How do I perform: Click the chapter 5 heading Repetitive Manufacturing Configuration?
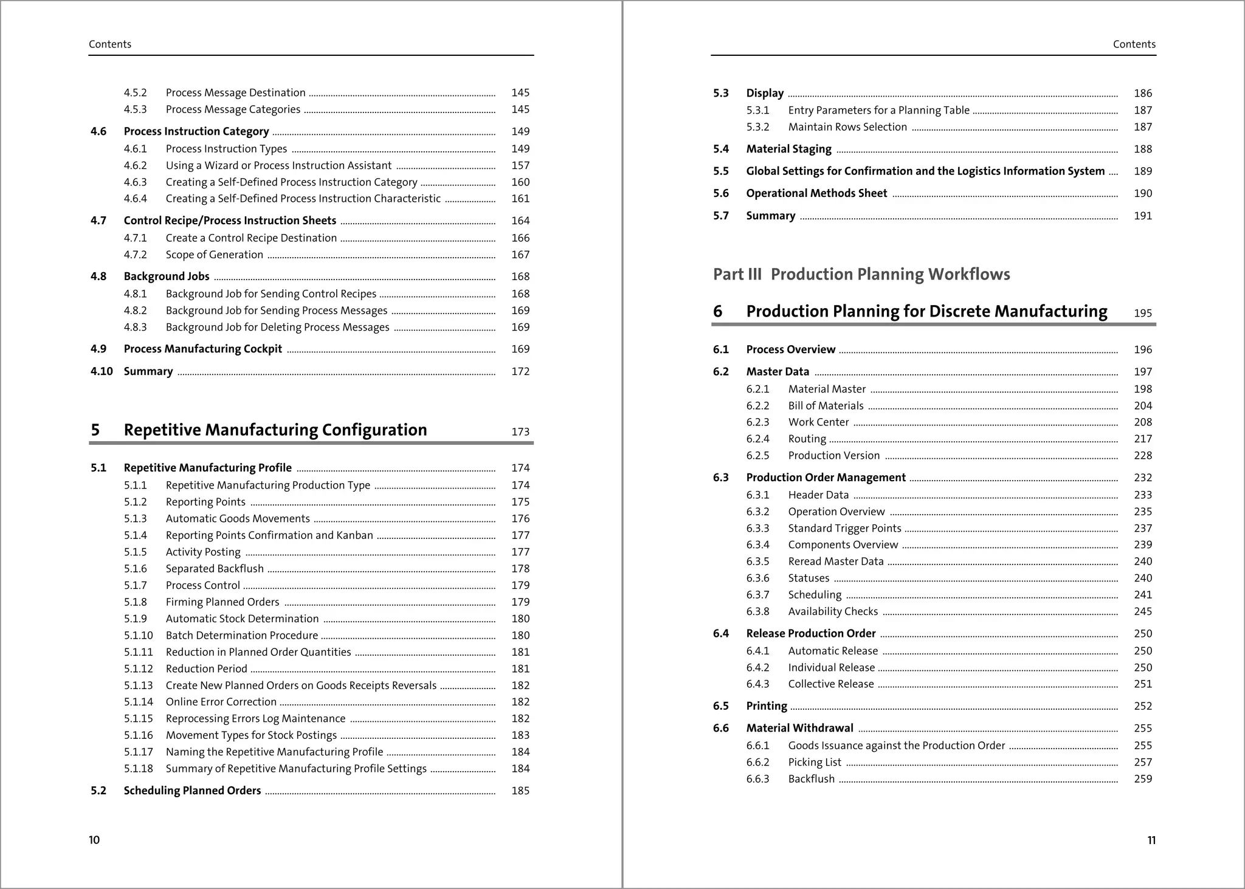click(x=275, y=430)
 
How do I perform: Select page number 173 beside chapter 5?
click(x=520, y=432)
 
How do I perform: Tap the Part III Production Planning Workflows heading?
click(x=861, y=274)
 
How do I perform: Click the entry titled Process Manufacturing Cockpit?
click(x=202, y=349)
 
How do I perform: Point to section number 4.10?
click(x=102, y=371)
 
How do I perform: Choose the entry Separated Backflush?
click(x=215, y=569)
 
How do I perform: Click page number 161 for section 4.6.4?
click(x=520, y=199)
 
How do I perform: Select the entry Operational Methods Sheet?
click(x=816, y=193)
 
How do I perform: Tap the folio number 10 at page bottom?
click(x=94, y=840)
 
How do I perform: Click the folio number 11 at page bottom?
click(x=1151, y=840)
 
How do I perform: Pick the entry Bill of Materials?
click(x=826, y=406)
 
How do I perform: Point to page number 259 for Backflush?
click(x=1142, y=779)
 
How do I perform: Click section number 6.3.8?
click(x=757, y=612)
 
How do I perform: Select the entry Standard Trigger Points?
click(x=844, y=529)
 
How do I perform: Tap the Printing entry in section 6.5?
click(x=766, y=706)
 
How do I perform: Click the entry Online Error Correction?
click(x=221, y=702)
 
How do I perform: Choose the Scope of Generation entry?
click(x=214, y=255)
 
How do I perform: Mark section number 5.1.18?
click(x=138, y=769)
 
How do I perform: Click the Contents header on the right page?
click(x=1134, y=44)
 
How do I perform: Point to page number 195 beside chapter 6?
click(x=1142, y=314)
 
